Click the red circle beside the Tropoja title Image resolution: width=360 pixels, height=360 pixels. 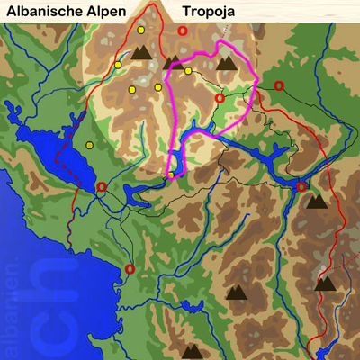183,31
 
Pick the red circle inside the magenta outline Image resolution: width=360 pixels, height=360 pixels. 220,98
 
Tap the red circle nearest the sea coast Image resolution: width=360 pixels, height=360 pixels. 130,268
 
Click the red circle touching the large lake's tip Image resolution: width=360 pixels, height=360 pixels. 101,187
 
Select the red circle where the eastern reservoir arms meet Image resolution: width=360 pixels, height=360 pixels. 301,186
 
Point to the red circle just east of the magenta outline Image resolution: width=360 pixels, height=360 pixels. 279,85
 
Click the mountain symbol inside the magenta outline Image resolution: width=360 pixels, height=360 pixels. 225,63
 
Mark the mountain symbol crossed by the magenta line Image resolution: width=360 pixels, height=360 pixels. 171,62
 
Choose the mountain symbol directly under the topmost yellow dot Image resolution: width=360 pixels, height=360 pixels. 141,52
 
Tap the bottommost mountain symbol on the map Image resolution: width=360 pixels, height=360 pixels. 192,350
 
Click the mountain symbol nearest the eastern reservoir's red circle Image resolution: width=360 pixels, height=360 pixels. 316,202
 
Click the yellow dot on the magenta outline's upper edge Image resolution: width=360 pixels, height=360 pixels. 188,70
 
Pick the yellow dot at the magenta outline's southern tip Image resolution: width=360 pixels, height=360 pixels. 170,175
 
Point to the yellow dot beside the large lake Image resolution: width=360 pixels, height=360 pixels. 89,145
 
